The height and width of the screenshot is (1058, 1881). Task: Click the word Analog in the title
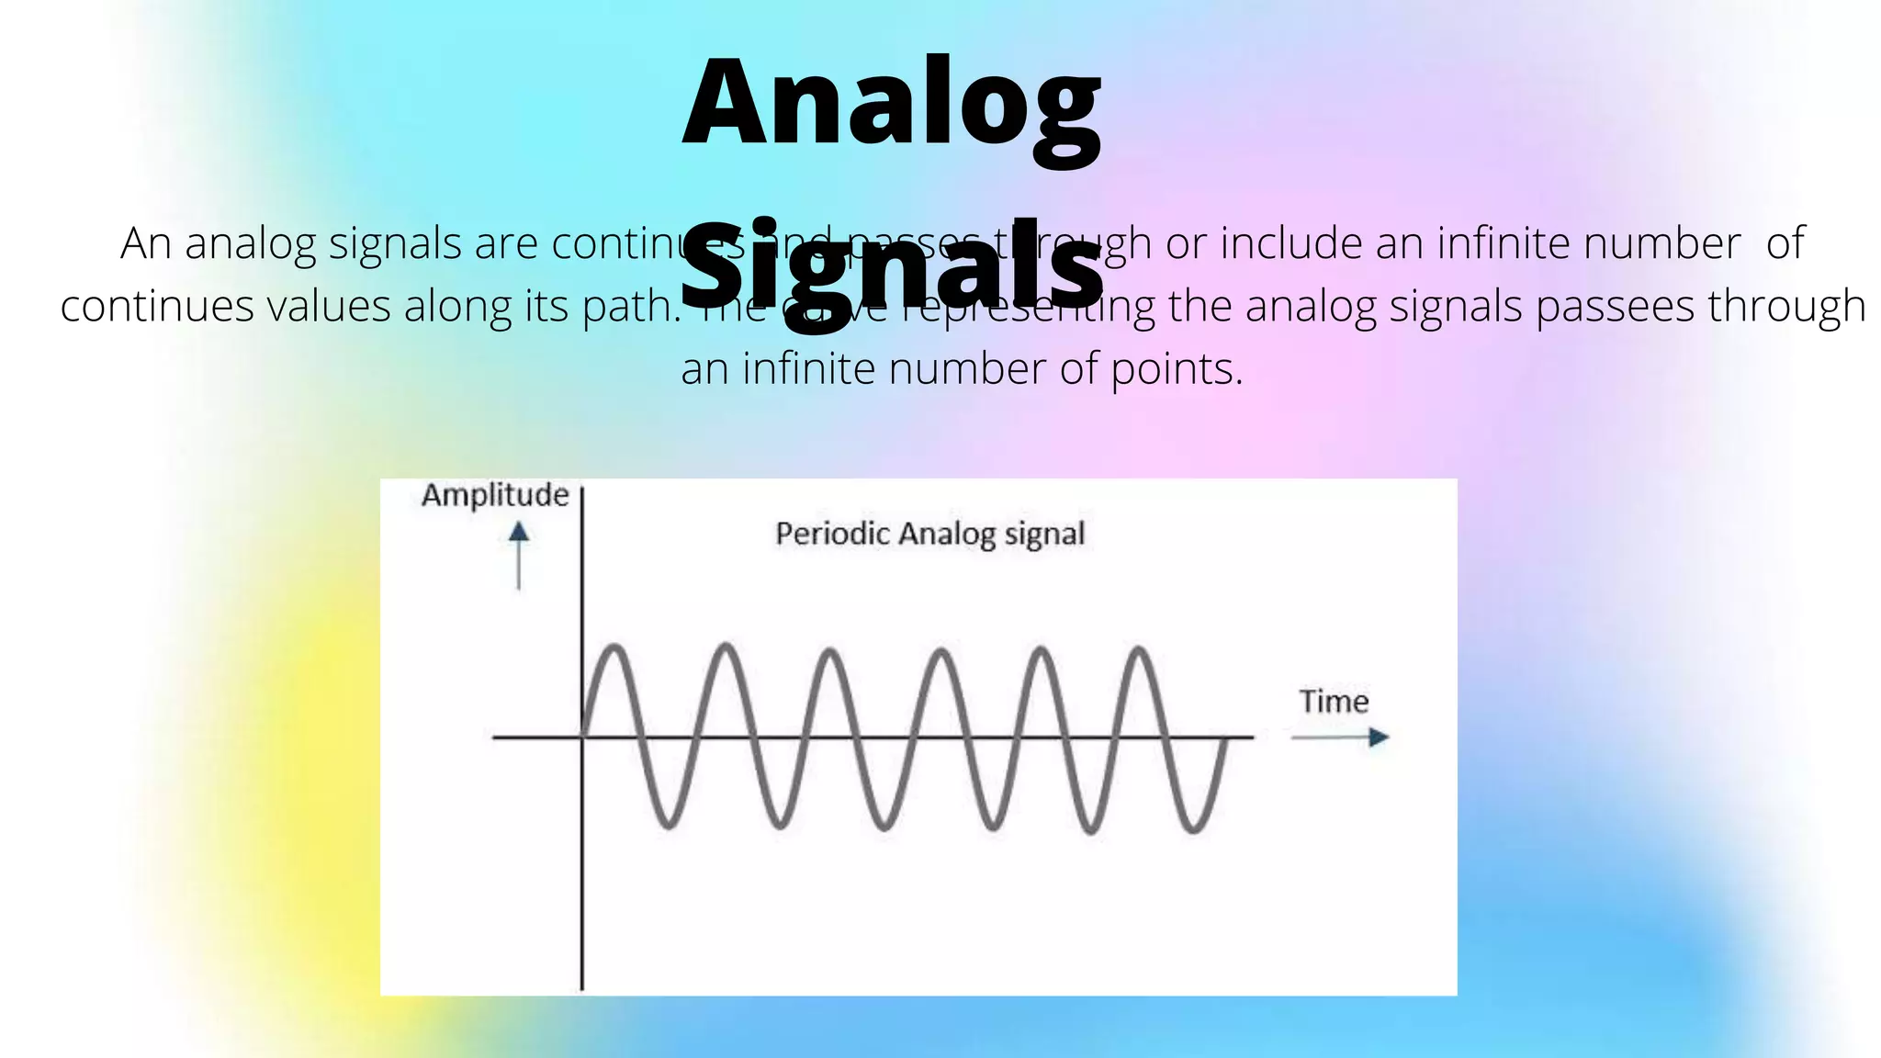click(891, 103)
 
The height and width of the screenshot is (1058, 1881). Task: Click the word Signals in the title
click(891, 264)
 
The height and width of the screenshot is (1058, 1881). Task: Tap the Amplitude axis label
click(495, 496)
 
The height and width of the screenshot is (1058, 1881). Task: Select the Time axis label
click(1334, 703)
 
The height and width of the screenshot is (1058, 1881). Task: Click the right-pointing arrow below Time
click(1341, 737)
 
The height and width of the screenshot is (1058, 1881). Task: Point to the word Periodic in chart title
click(832, 534)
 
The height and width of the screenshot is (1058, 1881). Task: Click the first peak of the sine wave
click(615, 648)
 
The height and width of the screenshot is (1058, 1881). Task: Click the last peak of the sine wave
click(1139, 650)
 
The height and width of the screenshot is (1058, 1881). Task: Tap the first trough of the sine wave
click(669, 826)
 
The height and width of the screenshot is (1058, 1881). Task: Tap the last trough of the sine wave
click(1192, 829)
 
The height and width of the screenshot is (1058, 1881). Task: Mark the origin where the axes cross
click(582, 737)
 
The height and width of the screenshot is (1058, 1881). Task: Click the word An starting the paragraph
click(145, 244)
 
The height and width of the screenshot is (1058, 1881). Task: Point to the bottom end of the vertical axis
click(582, 986)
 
